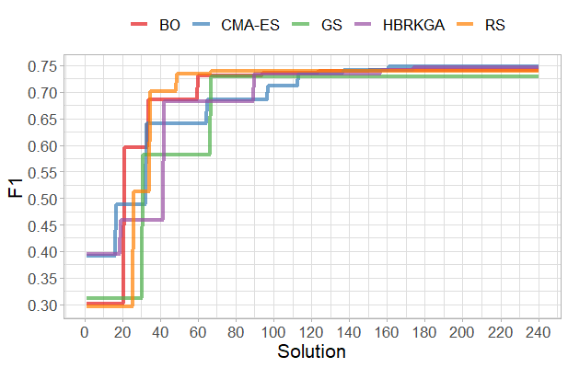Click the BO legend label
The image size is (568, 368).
pyautogui.click(x=169, y=25)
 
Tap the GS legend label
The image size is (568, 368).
pyautogui.click(x=332, y=25)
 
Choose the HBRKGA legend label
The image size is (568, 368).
pyautogui.click(x=414, y=25)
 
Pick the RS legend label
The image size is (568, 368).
pyautogui.click(x=494, y=25)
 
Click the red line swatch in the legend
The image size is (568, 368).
pyautogui.click(x=140, y=25)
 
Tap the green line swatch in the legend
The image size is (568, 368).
pyautogui.click(x=305, y=25)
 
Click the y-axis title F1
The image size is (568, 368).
pyautogui.click(x=16, y=189)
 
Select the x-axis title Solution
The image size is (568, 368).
pyautogui.click(x=311, y=351)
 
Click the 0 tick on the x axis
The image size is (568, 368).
pyautogui.click(x=85, y=331)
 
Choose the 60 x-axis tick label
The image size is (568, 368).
pyautogui.click(x=198, y=331)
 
